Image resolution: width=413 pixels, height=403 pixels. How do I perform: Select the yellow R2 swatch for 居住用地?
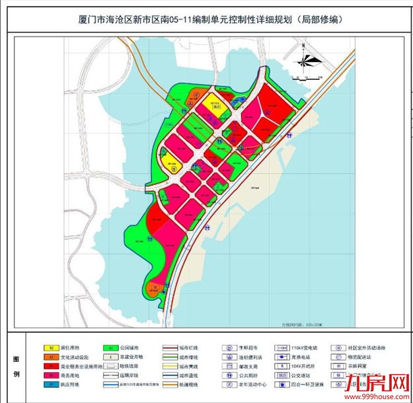click(x=48, y=347)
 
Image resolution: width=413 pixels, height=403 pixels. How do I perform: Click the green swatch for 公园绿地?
click(x=106, y=347)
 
